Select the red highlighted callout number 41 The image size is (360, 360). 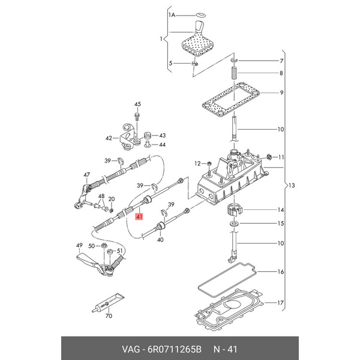point(140,217)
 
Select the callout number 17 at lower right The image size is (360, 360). point(279,302)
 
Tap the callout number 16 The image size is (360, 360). point(279,272)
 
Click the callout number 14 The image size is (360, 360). point(279,210)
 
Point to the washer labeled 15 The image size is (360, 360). point(233,224)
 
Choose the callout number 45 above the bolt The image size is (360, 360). point(136,104)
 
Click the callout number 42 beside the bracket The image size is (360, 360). point(109,138)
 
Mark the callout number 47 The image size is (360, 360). point(86,175)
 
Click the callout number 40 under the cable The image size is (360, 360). point(160,240)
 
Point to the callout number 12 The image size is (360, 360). point(197,163)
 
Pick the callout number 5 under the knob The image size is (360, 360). point(171,63)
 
